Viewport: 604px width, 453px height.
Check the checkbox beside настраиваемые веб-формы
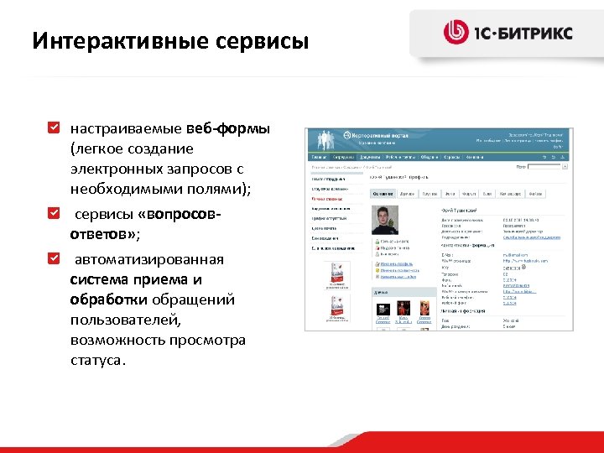[x=54, y=129]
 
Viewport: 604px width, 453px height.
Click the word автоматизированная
[x=147, y=258]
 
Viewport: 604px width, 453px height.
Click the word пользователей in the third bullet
[x=118, y=320]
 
